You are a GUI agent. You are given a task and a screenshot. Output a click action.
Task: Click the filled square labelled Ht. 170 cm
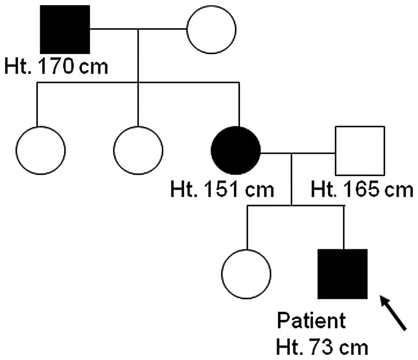pos(65,29)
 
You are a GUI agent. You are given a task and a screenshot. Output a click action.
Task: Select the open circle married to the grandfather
pos(211,29)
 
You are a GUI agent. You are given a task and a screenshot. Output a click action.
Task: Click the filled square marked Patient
pos(343,274)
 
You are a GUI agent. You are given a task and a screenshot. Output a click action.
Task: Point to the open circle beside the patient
pos(246,274)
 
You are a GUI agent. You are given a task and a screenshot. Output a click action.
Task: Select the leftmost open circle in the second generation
pos(41,150)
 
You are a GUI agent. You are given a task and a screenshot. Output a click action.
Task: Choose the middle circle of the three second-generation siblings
pos(138,150)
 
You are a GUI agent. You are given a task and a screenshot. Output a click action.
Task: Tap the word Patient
pos(311,321)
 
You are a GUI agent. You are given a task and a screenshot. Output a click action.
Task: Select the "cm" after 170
pos(94,67)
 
